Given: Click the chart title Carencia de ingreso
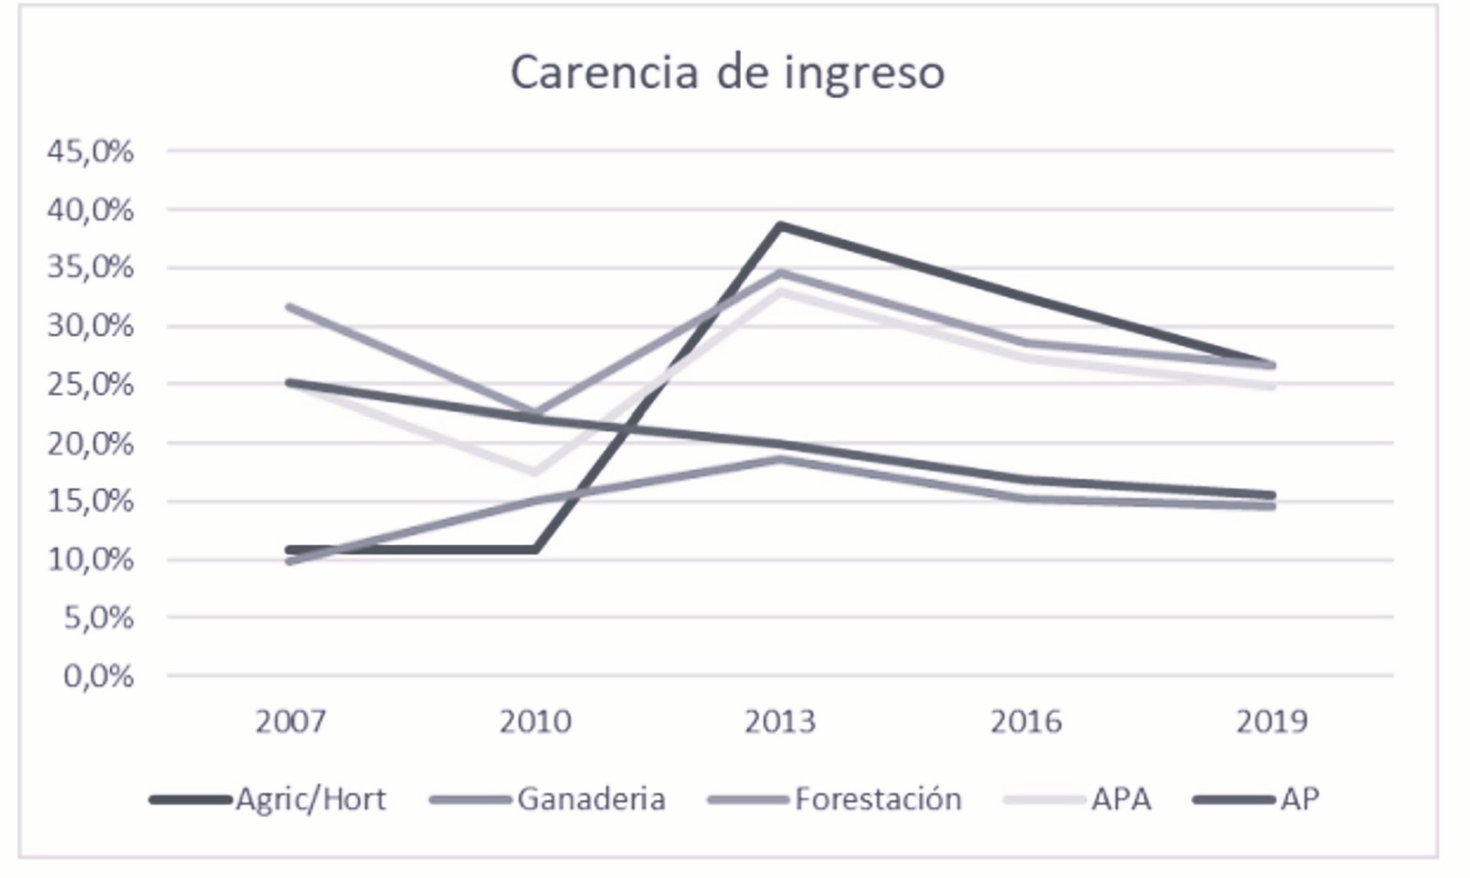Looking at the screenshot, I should coord(727,72).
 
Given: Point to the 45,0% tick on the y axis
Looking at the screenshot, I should coord(90,151).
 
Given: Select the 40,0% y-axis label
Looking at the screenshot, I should coord(90,211).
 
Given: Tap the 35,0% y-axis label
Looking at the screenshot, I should coord(90,268).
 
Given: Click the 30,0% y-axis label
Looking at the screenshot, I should coord(90,326).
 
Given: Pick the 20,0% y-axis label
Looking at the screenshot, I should coord(90,444).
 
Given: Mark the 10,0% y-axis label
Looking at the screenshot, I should coord(90,560).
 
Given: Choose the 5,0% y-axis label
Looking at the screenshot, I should coord(98,618).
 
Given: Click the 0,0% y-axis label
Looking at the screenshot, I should coord(98,676).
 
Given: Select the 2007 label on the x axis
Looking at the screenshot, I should coord(290,721).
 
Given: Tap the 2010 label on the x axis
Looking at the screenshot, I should coord(535,721).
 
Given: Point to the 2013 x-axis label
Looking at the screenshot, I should coord(780,721).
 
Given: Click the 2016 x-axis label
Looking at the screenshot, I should coord(1026,721).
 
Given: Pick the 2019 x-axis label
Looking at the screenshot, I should coord(1271,721).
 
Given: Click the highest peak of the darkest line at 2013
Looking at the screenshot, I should coord(780,225).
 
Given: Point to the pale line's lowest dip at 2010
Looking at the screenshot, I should coord(535,471).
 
